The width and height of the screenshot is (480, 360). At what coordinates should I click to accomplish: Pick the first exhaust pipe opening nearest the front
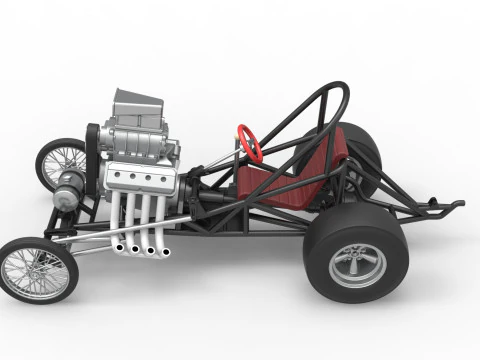[119, 247]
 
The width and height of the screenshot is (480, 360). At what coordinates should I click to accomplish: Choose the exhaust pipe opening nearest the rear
[164, 251]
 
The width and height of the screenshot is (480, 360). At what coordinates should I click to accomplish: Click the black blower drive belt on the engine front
[93, 150]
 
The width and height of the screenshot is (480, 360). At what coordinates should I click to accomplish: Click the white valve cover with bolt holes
[140, 180]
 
